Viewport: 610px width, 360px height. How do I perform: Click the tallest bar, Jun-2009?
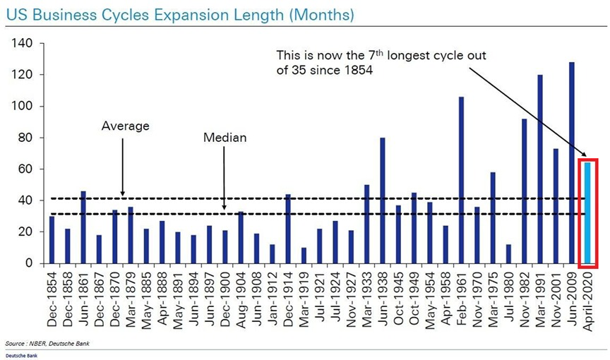[x=571, y=163]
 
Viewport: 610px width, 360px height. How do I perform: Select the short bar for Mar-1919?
[x=304, y=256]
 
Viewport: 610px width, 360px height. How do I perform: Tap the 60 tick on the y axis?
[x=25, y=169]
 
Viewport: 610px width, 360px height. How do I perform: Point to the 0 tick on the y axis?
[x=29, y=263]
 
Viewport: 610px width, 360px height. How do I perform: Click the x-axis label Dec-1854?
[x=52, y=293]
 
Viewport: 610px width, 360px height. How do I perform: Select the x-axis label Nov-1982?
[x=525, y=293]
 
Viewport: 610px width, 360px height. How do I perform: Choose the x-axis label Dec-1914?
[x=288, y=293]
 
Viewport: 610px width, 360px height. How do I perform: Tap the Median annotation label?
[x=225, y=138]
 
